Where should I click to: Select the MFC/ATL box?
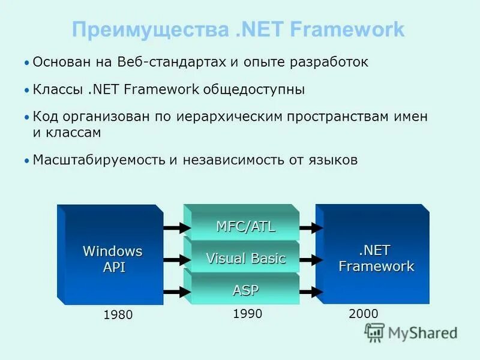tap(245, 227)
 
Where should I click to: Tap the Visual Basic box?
tap(245, 259)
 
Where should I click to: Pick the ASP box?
tap(245, 291)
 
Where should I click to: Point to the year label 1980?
tap(118, 314)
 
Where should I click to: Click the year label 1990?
tap(247, 313)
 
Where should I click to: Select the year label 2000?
tap(363, 313)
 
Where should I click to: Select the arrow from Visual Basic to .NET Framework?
tap(311, 260)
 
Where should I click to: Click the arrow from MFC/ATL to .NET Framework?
tap(311, 228)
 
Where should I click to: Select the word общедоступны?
tap(254, 90)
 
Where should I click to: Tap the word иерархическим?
tap(229, 117)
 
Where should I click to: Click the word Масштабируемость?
tap(99, 160)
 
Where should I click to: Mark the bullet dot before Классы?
tap(27, 91)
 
